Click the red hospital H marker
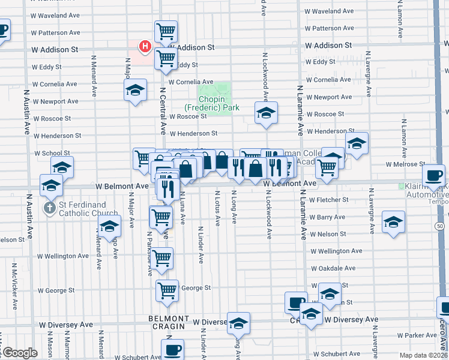(145, 46)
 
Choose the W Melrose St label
(405, 164)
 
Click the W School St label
(52, 153)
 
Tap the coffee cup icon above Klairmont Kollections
(433, 175)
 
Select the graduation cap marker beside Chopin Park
(265, 112)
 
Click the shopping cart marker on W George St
(167, 290)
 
